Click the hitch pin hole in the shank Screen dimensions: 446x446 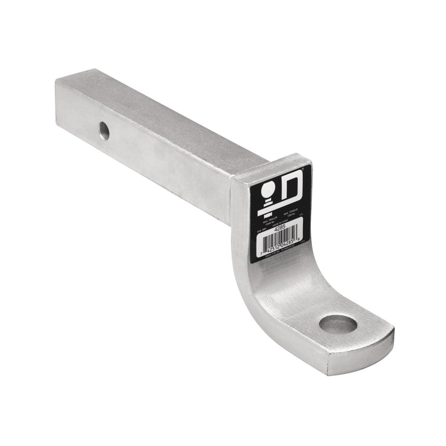coord(104,131)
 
